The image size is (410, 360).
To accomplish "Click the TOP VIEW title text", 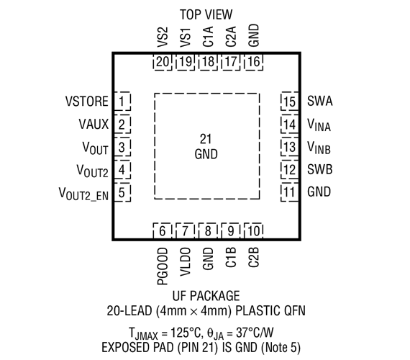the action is coord(206,14).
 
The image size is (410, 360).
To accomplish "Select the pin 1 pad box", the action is coord(122,101).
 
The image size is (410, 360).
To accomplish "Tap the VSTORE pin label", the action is coord(87,102).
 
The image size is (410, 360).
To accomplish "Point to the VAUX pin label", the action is coord(94,124).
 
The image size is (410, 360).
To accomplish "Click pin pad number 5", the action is coord(122,192).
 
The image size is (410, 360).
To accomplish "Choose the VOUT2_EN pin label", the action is coord(83,194).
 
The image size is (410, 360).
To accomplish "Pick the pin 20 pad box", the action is coord(163,62).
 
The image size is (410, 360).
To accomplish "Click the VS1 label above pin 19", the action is coord(186,37).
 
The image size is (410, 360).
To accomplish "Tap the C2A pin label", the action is coord(231,37).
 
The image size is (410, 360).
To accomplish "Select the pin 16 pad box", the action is coord(254,62).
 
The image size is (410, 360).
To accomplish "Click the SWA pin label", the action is coord(320,101).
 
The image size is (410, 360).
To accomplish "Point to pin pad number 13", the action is coord(289,147).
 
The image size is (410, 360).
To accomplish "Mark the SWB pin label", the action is coord(320,169).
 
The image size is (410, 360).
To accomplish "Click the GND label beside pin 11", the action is coord(319,192).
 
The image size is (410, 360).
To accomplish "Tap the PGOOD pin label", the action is coord(163,266).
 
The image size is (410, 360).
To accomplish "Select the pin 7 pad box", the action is coord(185,231).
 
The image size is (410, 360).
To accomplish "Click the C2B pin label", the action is coord(253,257).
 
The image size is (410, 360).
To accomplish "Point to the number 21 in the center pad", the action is coord(206,139).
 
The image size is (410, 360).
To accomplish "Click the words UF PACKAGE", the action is coord(206,296).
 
